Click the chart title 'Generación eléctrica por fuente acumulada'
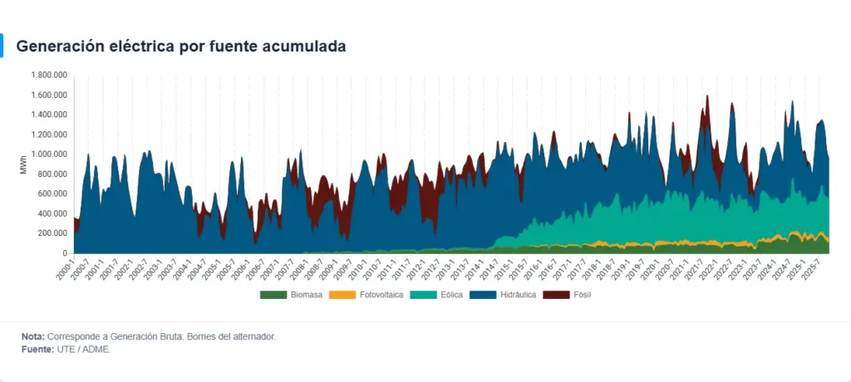pos(181,47)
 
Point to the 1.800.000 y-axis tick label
pos(48,75)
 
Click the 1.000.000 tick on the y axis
pos(48,154)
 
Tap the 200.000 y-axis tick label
pos(52,233)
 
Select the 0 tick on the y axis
pos(65,253)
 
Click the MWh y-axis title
pos(23,164)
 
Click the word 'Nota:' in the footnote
pos(33,336)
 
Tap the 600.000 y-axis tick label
pos(52,193)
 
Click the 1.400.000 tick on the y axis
pos(48,115)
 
